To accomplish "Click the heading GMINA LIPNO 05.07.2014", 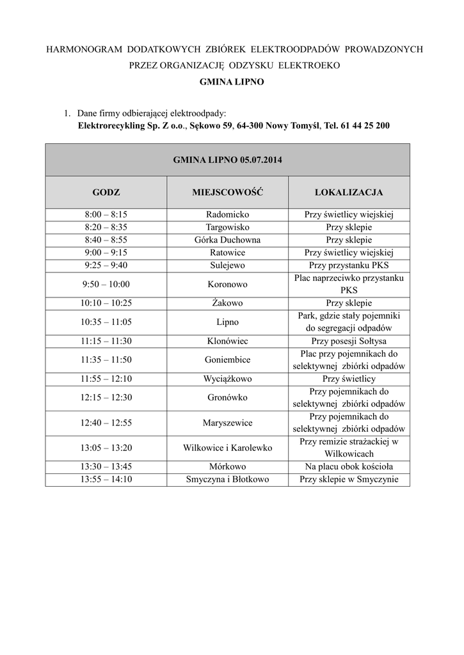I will pos(227,159).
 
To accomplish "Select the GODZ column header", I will pos(106,192).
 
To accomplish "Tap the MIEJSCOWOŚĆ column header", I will pos(227,192).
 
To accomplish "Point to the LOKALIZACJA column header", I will pos(349,192).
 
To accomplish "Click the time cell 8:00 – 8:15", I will pos(106,215).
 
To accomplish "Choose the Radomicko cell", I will pos(227,215).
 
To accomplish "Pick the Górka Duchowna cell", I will pos(227,240).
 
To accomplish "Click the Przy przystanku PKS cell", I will pos(349,265).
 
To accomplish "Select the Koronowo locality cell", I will pos(227,284).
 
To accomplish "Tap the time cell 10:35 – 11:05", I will pos(106,322).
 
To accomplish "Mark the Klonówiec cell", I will pos(227,341).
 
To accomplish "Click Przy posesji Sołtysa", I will pos(349,341).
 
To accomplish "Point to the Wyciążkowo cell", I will pos(227,379).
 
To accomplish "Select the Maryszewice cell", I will pos(227,423).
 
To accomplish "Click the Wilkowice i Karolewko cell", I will pos(227,448).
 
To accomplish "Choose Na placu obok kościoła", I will pos(349,467).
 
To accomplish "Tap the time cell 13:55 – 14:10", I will pos(106,479).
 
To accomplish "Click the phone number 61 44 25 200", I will pos(364,126).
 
